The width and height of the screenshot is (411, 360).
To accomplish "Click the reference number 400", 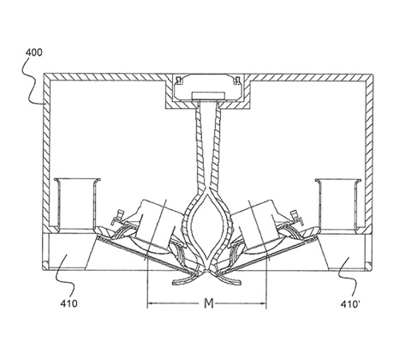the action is [34, 52].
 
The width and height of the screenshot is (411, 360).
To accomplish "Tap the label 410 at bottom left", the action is [68, 303].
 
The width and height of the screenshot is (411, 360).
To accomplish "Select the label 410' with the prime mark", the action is [350, 304].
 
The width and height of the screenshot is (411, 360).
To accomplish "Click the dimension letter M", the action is [209, 303].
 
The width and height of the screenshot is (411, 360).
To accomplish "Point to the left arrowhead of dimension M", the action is [149, 303].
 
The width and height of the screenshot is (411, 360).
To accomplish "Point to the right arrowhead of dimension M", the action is [264, 303].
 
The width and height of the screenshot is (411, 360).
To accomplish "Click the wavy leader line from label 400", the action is [32, 81].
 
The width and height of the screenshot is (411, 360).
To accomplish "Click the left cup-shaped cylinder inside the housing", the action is [77, 204].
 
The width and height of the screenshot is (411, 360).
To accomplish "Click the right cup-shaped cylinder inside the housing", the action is [338, 204].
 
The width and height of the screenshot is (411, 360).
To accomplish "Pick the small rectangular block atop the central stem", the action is [208, 96].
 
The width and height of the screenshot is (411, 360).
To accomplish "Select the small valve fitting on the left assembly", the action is [119, 218].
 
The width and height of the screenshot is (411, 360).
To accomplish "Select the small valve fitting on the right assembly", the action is [297, 218].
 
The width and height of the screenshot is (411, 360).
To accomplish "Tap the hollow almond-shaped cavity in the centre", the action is [208, 225].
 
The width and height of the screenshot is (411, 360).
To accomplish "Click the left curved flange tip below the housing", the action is [182, 280].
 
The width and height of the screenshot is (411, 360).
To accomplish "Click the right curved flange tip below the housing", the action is [229, 280].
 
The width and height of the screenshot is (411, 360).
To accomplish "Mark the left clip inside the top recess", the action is [179, 81].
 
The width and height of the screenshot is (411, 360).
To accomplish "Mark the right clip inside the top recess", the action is [237, 81].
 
